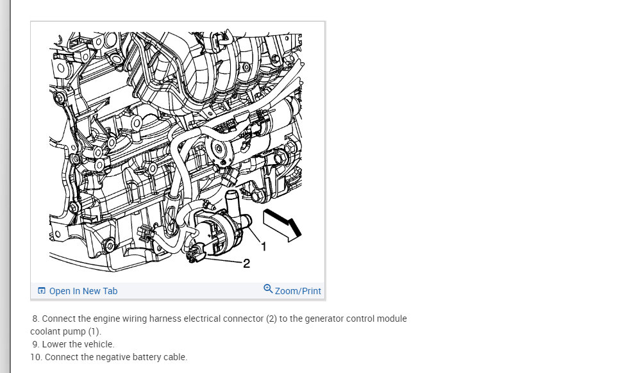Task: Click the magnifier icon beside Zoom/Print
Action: click(268, 288)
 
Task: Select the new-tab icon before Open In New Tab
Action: click(42, 290)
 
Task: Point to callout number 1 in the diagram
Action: click(263, 247)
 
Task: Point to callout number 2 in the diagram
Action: click(246, 263)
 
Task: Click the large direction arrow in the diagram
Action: click(282, 225)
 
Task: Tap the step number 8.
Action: click(36, 319)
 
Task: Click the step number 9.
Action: click(36, 344)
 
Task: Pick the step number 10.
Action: click(36, 357)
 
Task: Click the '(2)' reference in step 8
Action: click(272, 319)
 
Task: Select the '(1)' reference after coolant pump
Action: click(95, 331)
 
